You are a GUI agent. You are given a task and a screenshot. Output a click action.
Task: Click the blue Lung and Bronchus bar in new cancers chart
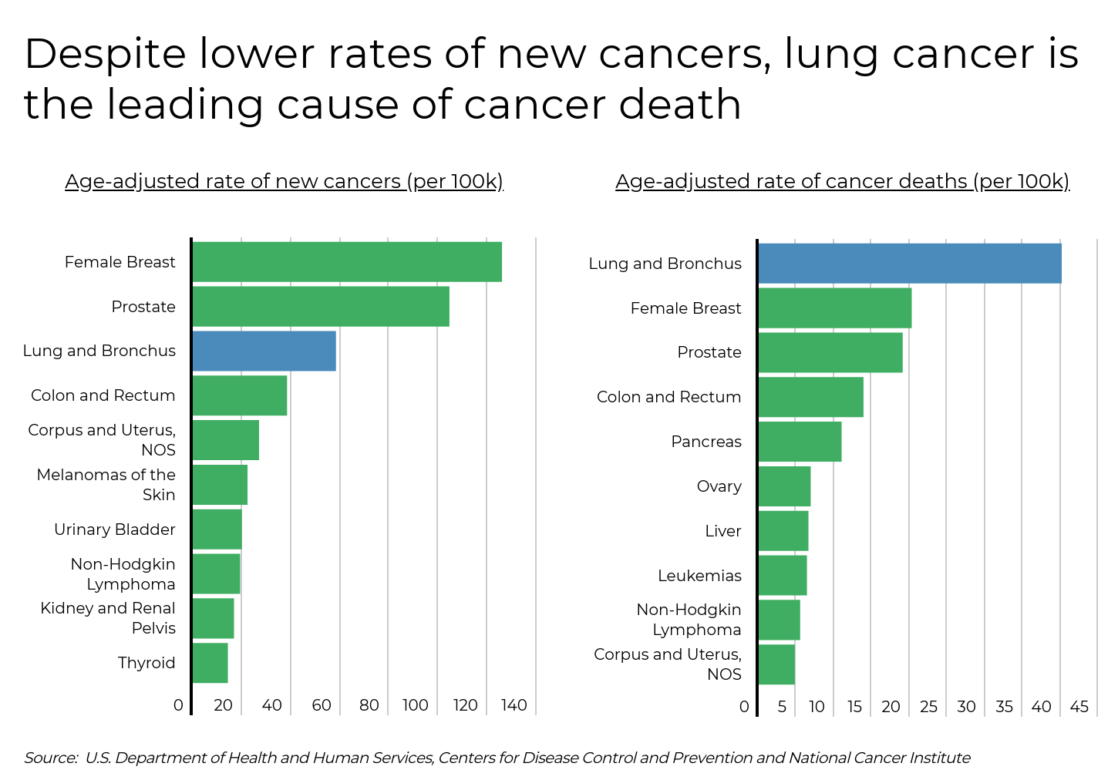(264, 351)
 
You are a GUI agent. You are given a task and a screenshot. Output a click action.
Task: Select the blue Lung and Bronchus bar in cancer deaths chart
(909, 264)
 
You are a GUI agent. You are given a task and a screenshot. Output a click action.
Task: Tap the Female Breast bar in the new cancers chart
(347, 262)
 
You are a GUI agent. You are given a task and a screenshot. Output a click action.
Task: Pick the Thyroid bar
(210, 663)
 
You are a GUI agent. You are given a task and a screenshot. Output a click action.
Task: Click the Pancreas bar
(800, 442)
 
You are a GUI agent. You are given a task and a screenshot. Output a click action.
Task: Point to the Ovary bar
(784, 486)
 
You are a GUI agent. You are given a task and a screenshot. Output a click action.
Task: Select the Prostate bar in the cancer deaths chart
(830, 352)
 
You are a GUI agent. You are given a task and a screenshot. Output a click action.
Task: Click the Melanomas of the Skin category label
(106, 485)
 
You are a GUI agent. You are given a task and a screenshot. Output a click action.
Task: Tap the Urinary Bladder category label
(115, 530)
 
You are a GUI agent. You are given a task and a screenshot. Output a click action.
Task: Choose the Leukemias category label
(699, 576)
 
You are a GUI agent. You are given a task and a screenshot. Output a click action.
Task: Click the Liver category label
(722, 531)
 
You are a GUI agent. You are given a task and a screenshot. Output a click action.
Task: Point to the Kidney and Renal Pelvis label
(108, 618)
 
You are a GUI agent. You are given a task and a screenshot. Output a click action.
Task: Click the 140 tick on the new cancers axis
(514, 705)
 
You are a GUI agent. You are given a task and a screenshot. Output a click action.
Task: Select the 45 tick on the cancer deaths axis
(1079, 707)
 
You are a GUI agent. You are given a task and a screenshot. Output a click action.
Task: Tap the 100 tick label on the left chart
(415, 705)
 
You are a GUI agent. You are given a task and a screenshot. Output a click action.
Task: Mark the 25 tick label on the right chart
(928, 707)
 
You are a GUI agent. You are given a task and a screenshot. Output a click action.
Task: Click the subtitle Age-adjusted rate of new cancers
(284, 181)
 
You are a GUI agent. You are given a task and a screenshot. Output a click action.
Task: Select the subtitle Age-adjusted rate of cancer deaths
(842, 181)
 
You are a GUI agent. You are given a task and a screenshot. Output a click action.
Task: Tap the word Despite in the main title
(105, 54)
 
